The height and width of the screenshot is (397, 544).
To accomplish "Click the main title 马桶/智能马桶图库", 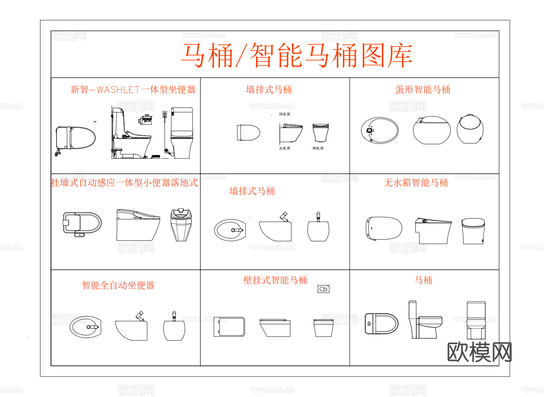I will pyautogui.click(x=297, y=56).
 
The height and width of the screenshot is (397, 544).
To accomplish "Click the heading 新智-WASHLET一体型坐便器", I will pyautogui.click(x=133, y=90).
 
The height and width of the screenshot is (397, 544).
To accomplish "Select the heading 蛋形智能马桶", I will pyautogui.click(x=423, y=90).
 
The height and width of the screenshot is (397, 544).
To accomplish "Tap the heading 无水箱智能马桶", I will pyautogui.click(x=416, y=183).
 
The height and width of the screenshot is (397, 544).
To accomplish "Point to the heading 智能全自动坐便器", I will pyautogui.click(x=118, y=285).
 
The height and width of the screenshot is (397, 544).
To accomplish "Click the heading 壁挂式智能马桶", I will pyautogui.click(x=275, y=280).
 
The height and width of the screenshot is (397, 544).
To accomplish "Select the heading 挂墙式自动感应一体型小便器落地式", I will pyautogui.click(x=124, y=183).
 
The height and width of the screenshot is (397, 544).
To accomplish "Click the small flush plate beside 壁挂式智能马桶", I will pyautogui.click(x=323, y=289).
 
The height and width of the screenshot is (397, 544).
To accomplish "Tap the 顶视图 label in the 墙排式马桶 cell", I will pyautogui.click(x=284, y=114).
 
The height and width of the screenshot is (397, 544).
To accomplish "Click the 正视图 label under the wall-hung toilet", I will pyautogui.click(x=284, y=148).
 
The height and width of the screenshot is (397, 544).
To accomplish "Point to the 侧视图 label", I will pyautogui.click(x=318, y=148).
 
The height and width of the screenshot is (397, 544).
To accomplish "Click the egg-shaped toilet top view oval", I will pyautogui.click(x=380, y=131).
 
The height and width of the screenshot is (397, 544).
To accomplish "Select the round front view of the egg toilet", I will pyautogui.click(x=470, y=129).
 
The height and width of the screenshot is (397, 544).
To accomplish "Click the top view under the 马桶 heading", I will pyautogui.click(x=381, y=324).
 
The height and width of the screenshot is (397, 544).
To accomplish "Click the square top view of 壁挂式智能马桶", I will pyautogui.click(x=229, y=327).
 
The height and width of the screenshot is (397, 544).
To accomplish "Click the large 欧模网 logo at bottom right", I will pyautogui.click(x=479, y=352).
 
